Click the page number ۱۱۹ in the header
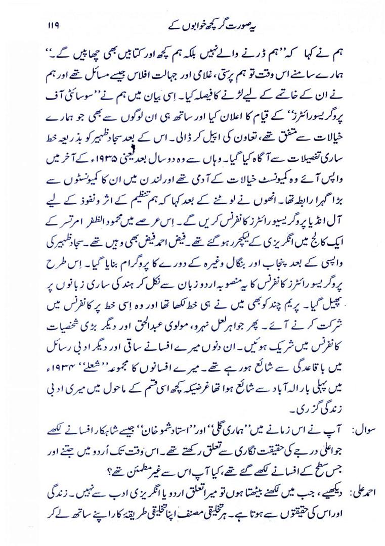tap(54, 25)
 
